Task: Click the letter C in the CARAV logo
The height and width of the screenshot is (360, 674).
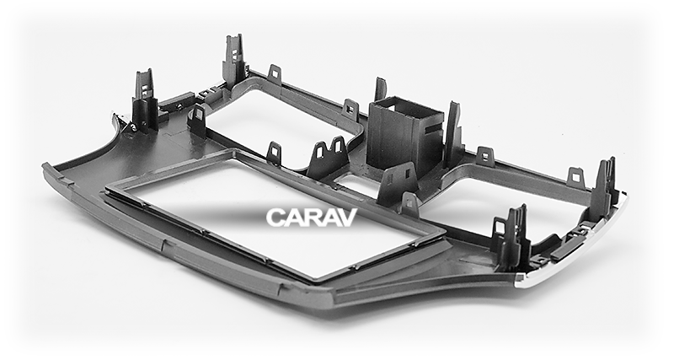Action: point(275,218)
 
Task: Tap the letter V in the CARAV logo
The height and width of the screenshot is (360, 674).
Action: point(346,218)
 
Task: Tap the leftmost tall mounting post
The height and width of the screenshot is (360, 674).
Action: point(144,101)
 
